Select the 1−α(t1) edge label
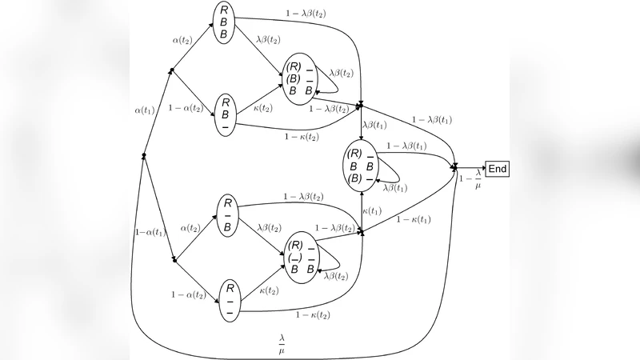coord(150,233)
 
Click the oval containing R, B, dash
coord(226,114)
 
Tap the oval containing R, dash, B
coord(228,215)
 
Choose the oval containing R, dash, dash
coord(229,299)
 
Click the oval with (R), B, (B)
coord(361,166)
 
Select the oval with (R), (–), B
coord(301,257)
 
